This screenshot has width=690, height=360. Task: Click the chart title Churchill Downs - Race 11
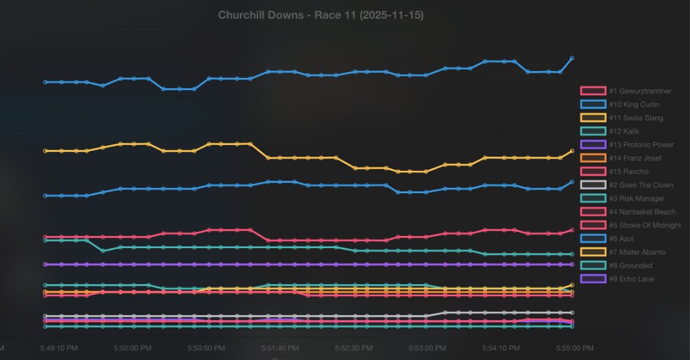click(321, 15)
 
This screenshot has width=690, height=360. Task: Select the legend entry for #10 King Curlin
click(634, 104)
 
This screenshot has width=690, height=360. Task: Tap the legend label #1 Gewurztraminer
click(640, 91)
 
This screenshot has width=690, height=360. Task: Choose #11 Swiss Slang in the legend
click(636, 118)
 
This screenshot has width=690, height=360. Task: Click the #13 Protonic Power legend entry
click(641, 144)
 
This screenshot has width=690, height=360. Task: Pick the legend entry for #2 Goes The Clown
click(641, 184)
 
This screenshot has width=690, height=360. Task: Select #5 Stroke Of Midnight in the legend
click(645, 225)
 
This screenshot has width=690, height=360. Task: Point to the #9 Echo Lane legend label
click(631, 279)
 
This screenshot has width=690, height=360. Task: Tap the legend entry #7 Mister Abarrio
click(636, 252)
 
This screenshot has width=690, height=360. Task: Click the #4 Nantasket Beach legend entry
click(642, 212)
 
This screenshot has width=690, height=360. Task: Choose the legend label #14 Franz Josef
click(635, 158)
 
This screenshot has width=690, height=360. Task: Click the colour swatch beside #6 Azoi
click(593, 239)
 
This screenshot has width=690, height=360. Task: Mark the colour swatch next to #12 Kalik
click(593, 132)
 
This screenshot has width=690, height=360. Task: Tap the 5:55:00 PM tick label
click(573, 348)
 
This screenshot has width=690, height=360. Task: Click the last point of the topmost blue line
click(573, 58)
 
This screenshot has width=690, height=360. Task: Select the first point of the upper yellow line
click(45, 151)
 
